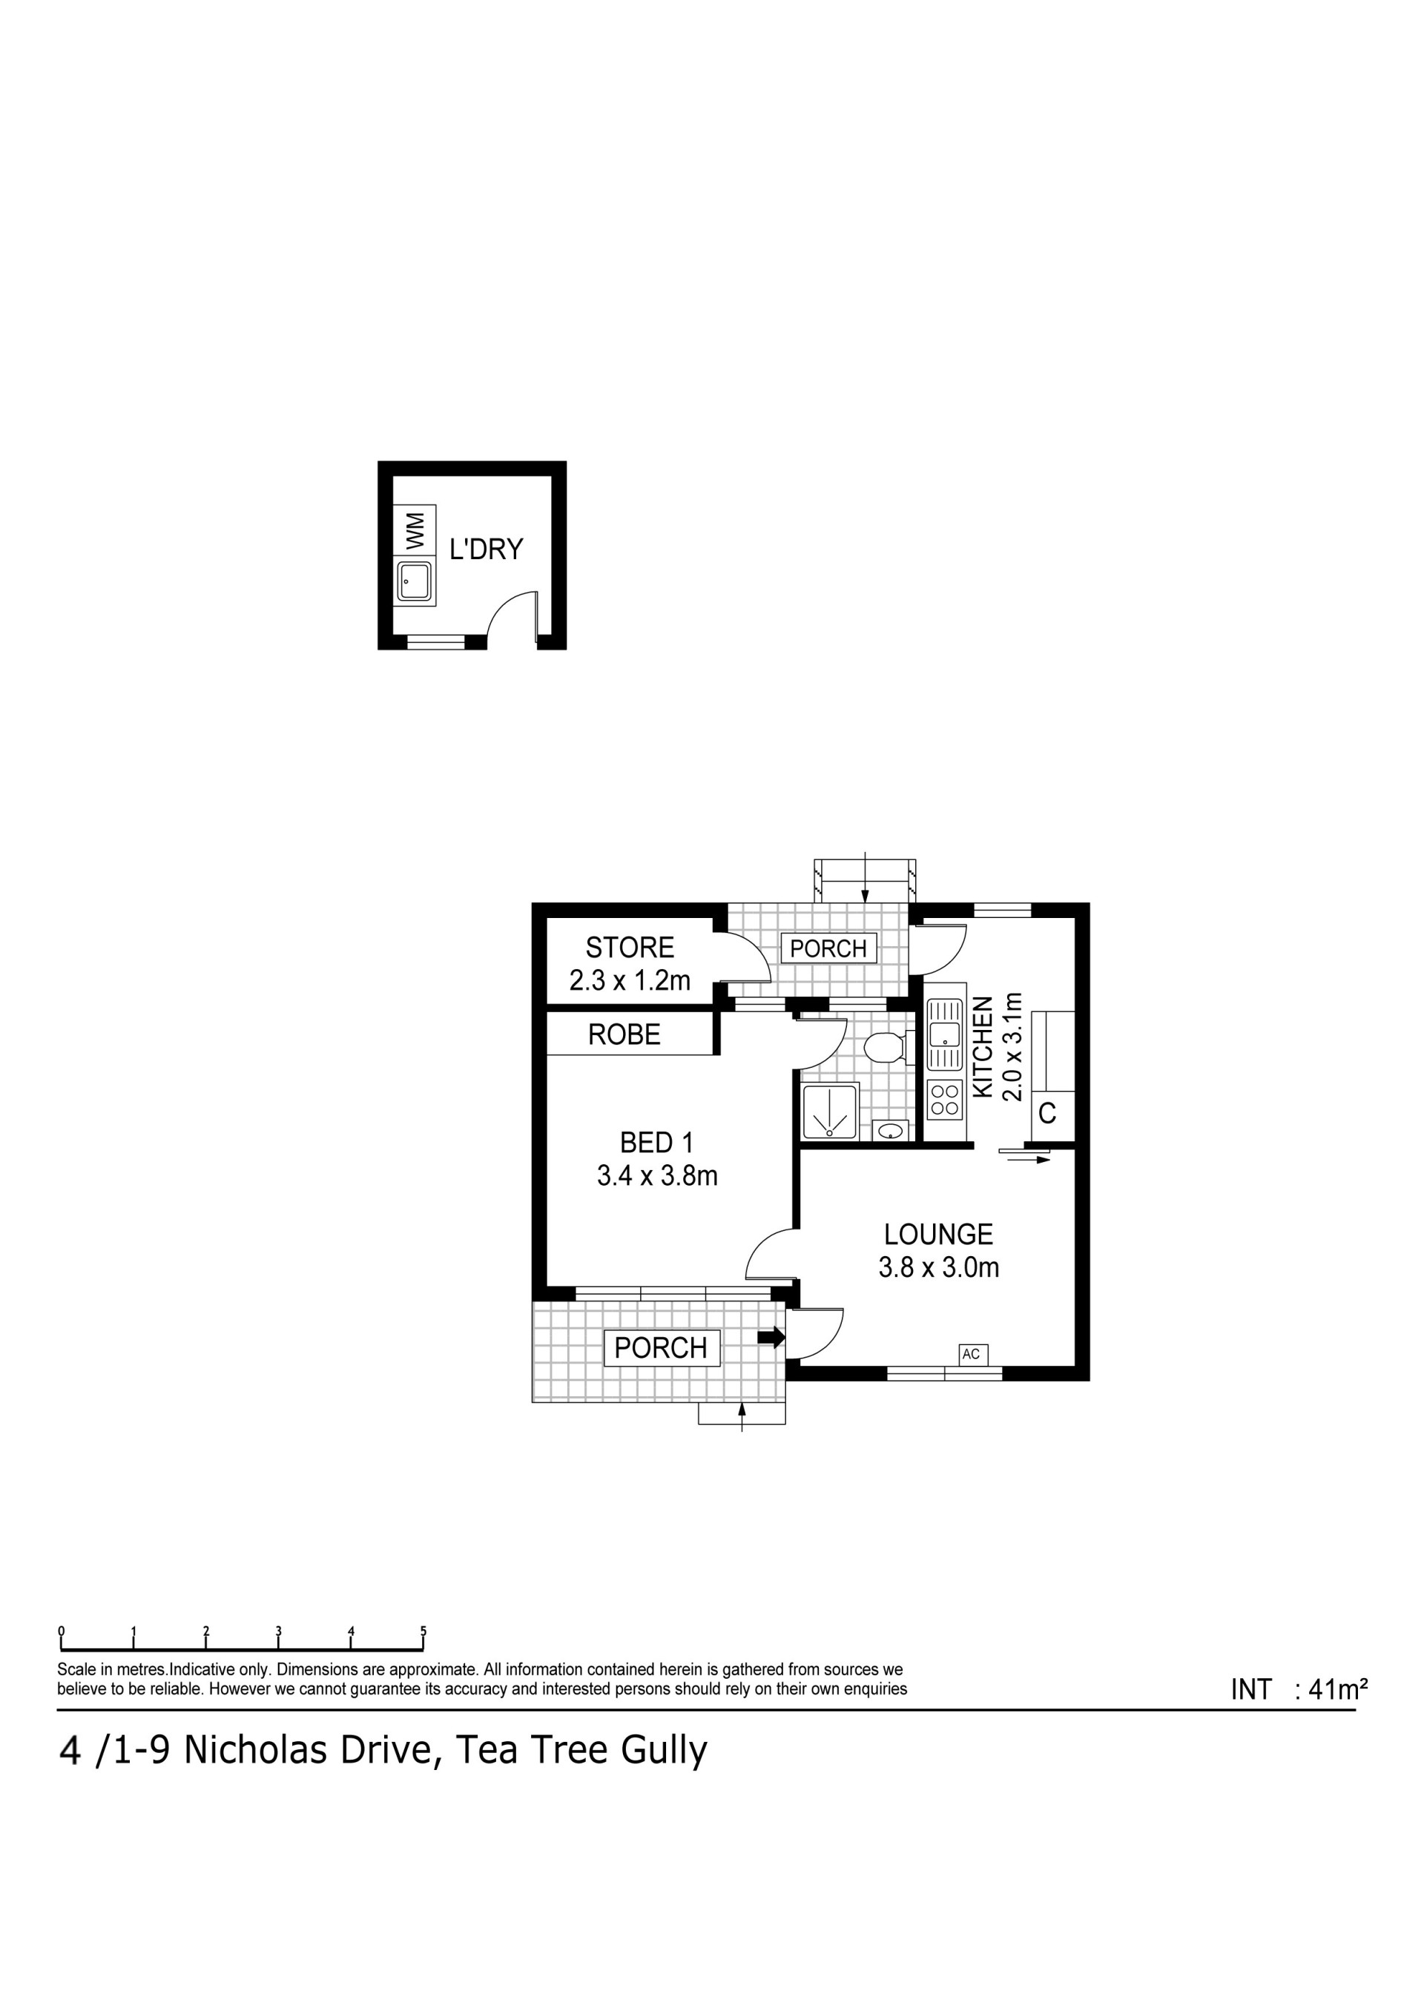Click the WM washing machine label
click(415, 531)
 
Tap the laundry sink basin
click(414, 581)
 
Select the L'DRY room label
click(486, 549)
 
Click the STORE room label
click(630, 948)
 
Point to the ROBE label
click(624, 1035)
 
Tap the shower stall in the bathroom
click(829, 1112)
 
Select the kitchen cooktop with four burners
click(945, 1100)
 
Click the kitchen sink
click(945, 1035)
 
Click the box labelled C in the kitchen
click(1046, 1114)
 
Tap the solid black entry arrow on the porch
click(771, 1337)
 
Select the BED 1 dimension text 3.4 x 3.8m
click(657, 1175)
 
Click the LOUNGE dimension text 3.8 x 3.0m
click(939, 1267)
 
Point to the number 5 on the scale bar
click(423, 1631)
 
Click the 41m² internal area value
click(1338, 1689)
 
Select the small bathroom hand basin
click(890, 1131)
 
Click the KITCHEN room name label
click(983, 1046)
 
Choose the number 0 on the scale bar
click(62, 1631)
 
